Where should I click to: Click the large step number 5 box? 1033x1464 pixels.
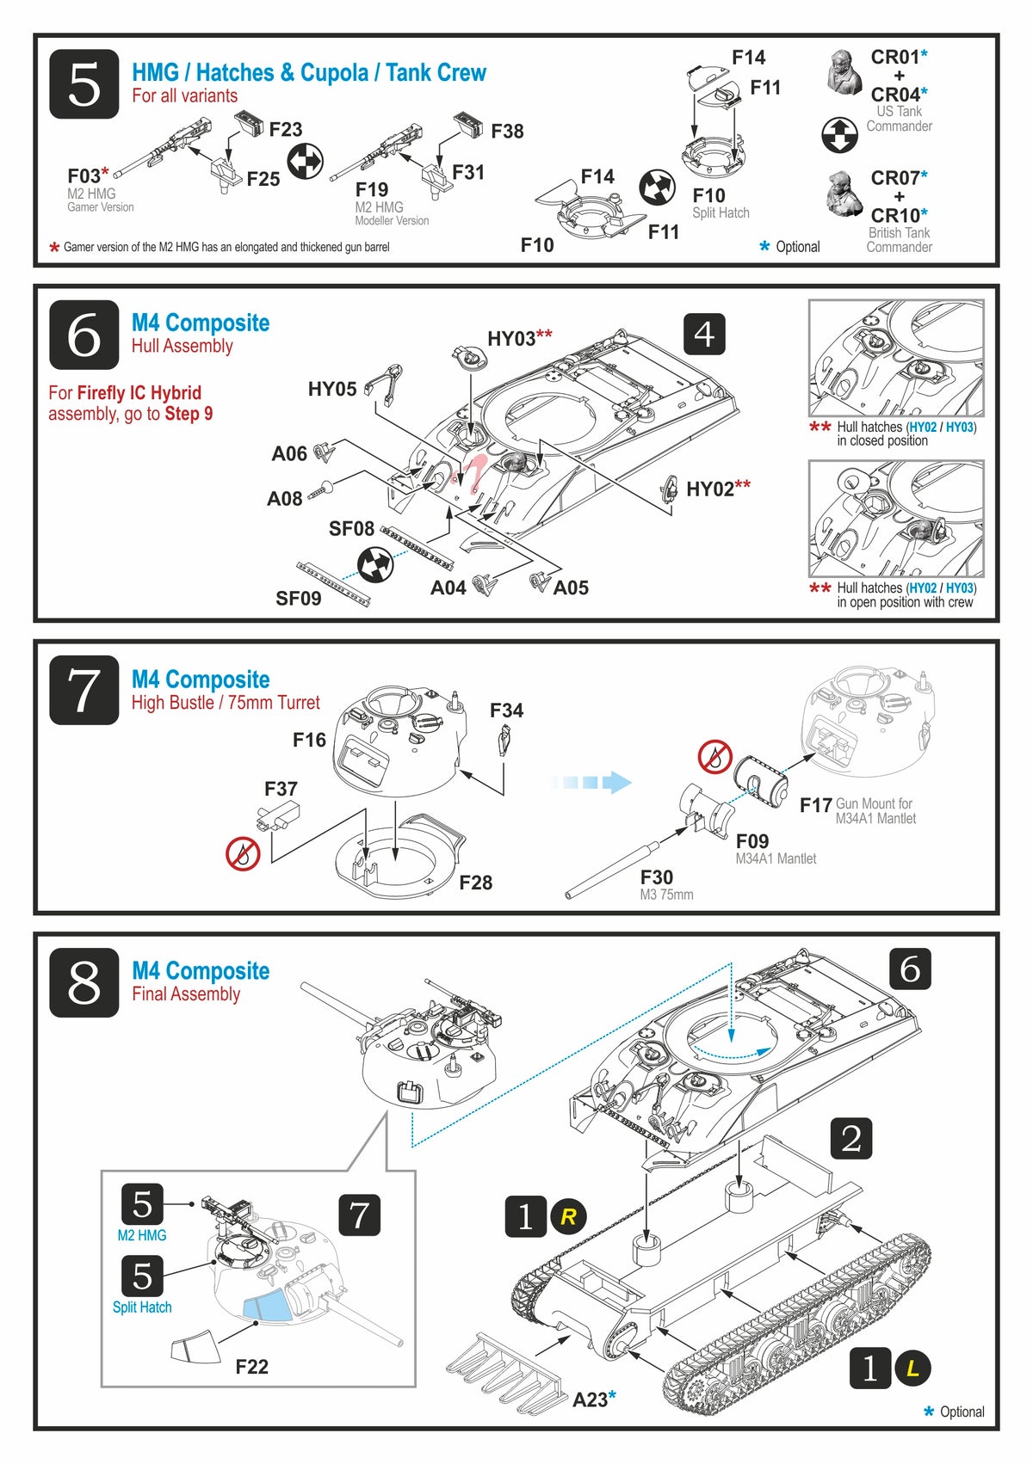[x=84, y=84]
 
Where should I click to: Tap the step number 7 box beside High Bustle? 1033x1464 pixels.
[x=84, y=690]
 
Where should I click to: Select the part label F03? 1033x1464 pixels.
[x=84, y=176]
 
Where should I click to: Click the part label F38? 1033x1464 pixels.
[x=507, y=132]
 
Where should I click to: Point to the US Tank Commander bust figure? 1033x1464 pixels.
[x=844, y=72]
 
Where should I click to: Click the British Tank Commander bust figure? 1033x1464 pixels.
[x=844, y=194]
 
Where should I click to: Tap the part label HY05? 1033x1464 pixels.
[x=332, y=390]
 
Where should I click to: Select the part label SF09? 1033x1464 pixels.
[x=298, y=599]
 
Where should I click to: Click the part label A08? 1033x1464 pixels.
[x=284, y=499]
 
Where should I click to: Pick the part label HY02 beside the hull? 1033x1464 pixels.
[x=711, y=489]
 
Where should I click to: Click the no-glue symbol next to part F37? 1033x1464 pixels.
[x=243, y=853]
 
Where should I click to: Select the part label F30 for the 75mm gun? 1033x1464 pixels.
[x=656, y=877]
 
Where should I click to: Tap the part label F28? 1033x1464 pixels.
[x=475, y=883]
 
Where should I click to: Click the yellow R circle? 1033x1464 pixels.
[x=568, y=1217]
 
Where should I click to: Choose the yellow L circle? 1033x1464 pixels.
[x=912, y=1369]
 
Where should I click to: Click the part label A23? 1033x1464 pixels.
[x=591, y=1399]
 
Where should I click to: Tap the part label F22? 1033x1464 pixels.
[x=251, y=1367]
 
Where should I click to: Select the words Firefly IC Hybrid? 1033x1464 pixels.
[x=139, y=393]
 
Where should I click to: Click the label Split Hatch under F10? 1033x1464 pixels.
[x=721, y=213]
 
